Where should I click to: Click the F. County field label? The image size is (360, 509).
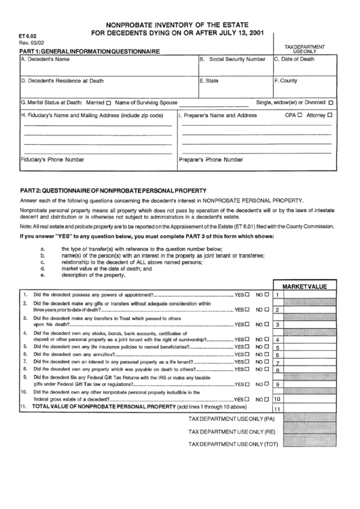[286, 81]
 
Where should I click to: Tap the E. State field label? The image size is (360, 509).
[209, 81]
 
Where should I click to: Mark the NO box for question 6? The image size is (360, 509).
[267, 353]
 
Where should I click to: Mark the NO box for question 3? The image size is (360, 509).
[267, 325]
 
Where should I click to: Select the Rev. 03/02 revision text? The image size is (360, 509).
[30, 43]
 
